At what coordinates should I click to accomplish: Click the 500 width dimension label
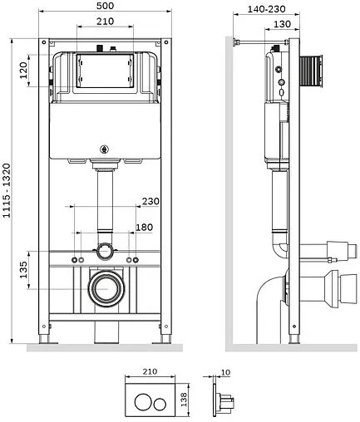click(x=105, y=6)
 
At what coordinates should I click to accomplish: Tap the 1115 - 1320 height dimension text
click(x=7, y=190)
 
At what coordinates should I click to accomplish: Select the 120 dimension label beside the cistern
click(x=23, y=71)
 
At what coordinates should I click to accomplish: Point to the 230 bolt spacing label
click(x=150, y=201)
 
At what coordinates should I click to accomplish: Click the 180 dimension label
click(x=144, y=228)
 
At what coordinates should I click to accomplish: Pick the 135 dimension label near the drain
click(x=23, y=270)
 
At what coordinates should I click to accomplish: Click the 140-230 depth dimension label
click(x=266, y=9)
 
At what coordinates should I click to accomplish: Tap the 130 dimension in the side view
click(x=282, y=24)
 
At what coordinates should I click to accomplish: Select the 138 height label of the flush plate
click(x=184, y=399)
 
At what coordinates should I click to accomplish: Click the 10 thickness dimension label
click(x=226, y=372)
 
